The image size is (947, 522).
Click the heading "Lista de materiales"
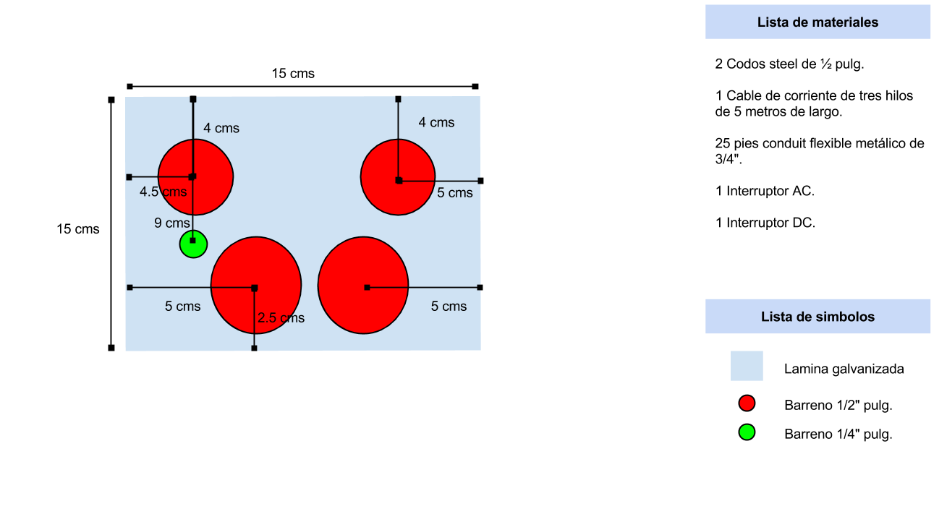click(x=818, y=22)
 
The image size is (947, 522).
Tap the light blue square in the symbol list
click(x=747, y=366)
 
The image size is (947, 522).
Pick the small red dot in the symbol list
click(x=747, y=403)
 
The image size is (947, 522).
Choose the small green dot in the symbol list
click(x=747, y=432)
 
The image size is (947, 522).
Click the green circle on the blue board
click(x=193, y=244)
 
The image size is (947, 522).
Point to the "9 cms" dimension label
click(x=171, y=223)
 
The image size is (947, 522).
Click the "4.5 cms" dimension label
click(x=163, y=192)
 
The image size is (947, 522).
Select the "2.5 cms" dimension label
click(x=281, y=318)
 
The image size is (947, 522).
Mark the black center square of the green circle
click(x=192, y=240)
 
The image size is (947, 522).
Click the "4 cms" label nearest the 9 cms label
click(x=221, y=129)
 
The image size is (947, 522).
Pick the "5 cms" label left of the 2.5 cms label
click(x=182, y=307)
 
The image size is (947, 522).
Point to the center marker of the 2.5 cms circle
click(x=254, y=288)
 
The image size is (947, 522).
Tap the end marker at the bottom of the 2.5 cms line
click(x=254, y=348)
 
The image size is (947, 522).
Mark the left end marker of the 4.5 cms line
click(x=129, y=177)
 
